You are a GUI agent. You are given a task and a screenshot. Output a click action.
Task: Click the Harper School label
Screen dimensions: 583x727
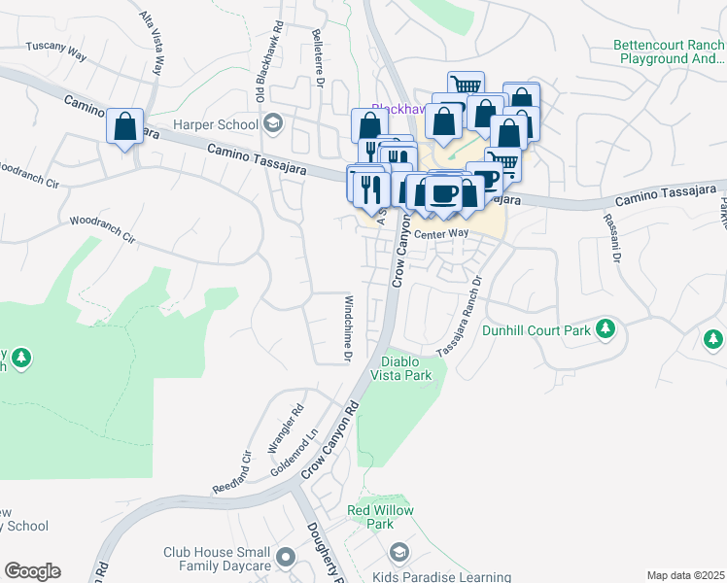215,124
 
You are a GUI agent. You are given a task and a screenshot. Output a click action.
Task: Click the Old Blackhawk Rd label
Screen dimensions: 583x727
260,74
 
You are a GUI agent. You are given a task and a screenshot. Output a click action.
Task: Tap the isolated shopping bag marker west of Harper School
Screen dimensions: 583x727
125,127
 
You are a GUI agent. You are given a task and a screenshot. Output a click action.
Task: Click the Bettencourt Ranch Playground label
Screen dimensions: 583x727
669,51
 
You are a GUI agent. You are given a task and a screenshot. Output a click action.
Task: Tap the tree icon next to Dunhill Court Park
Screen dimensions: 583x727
606,328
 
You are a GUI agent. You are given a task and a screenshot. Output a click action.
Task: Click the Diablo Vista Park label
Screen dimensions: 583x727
404,367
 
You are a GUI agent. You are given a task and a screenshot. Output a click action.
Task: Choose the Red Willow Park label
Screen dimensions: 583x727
381,517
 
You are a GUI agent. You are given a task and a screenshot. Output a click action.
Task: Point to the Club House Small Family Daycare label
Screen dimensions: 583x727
217,559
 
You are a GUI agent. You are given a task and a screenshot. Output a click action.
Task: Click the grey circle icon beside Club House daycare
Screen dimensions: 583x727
285,558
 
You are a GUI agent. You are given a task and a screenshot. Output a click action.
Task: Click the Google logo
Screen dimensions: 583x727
32,571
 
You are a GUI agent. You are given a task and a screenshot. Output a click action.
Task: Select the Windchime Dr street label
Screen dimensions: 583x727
347,329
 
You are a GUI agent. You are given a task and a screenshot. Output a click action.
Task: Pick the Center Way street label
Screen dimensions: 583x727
441,234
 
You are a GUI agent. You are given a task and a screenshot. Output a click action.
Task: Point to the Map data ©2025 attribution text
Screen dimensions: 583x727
685,575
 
